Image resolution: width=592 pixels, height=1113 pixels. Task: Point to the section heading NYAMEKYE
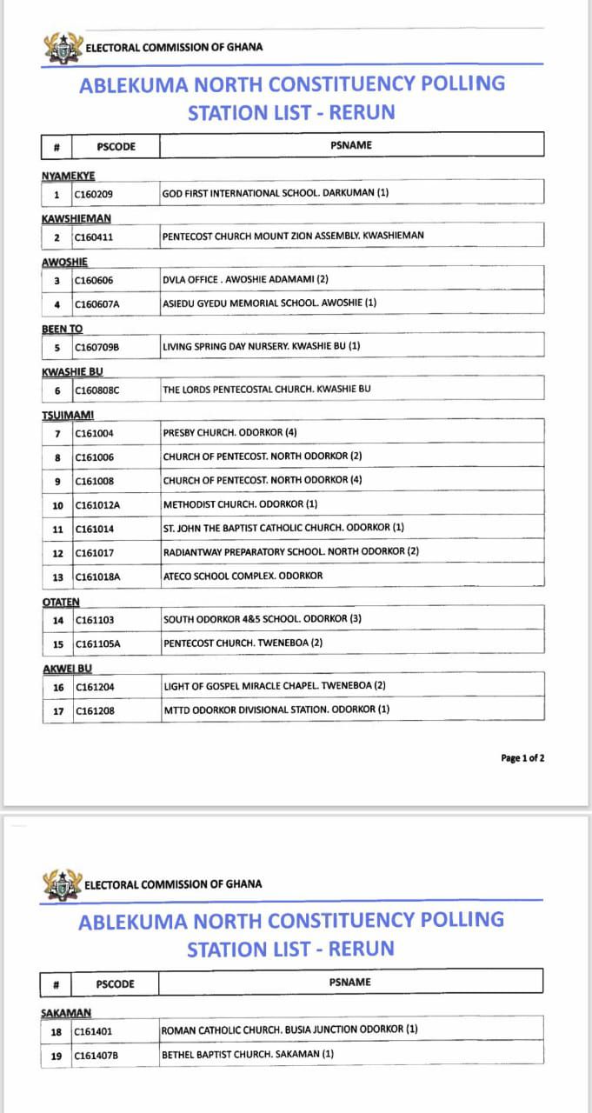[x=68, y=177]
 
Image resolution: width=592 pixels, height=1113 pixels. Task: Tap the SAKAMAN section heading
[x=66, y=1013]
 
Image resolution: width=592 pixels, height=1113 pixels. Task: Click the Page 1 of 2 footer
[x=523, y=758]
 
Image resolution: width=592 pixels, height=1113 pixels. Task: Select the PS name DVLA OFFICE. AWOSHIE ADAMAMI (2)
[x=245, y=280]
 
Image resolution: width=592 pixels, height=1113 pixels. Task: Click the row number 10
[x=57, y=505]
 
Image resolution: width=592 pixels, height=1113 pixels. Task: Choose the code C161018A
[x=97, y=576]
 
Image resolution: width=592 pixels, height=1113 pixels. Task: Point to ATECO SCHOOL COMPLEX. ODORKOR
[x=243, y=576]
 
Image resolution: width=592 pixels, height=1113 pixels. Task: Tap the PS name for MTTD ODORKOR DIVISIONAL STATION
[x=276, y=710]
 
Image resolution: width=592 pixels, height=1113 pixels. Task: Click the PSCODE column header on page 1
[x=116, y=147]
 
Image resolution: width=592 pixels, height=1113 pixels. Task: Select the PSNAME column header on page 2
[x=349, y=983]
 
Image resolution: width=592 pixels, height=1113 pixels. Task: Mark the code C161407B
[x=96, y=1056]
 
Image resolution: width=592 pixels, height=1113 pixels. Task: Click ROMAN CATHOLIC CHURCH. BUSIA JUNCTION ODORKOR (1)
[x=289, y=1030]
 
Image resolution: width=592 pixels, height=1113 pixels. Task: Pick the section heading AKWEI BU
[x=67, y=669]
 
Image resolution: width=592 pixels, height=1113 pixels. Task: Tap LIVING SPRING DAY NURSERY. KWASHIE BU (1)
[x=262, y=346]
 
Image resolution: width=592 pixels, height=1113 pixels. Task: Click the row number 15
[x=57, y=644]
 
